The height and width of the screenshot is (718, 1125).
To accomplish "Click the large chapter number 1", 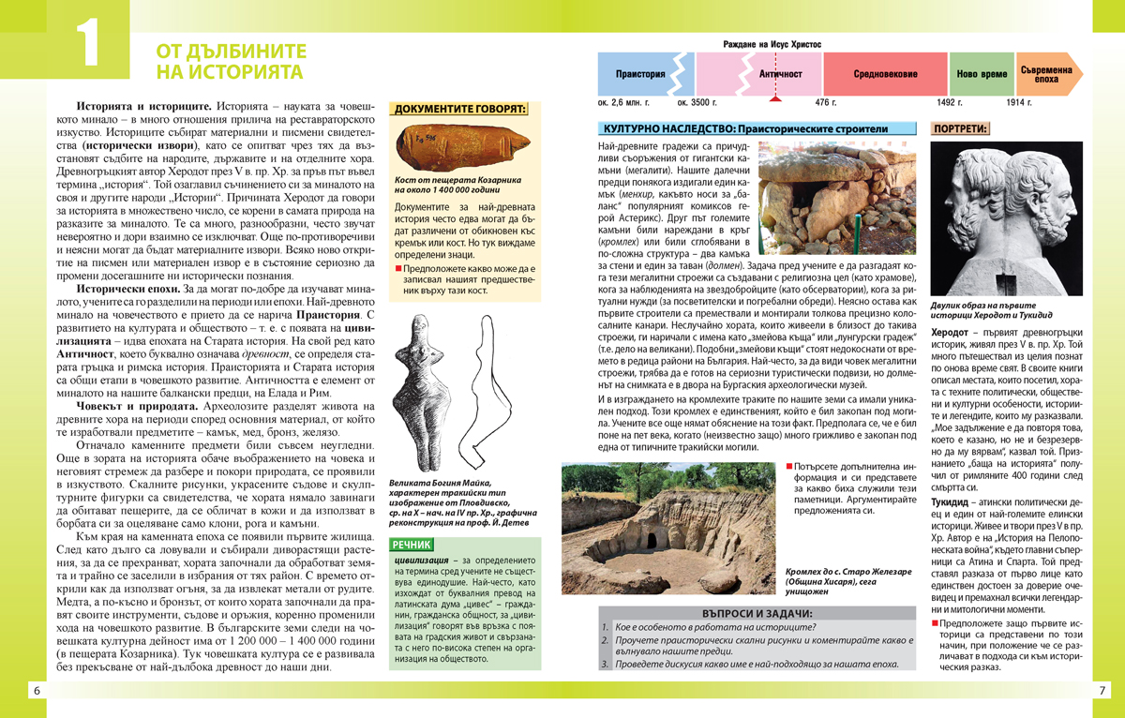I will pyautogui.click(x=86, y=45).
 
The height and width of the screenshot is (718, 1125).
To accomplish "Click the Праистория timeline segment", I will pyautogui.click(x=641, y=73).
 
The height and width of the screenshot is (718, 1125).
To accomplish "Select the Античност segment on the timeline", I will pyautogui.click(x=780, y=73).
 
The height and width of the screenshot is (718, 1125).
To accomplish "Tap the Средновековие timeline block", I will pyautogui.click(x=885, y=73).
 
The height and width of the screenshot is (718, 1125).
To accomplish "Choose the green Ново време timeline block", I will pyautogui.click(x=982, y=73).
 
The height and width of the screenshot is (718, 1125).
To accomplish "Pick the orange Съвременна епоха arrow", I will pyautogui.click(x=1045, y=73).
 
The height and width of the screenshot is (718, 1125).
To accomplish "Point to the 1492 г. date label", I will pyautogui.click(x=950, y=101).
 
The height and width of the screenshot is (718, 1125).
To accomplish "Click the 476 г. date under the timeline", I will pyautogui.click(x=825, y=101).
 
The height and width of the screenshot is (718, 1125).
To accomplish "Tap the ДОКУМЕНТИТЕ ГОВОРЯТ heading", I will pyautogui.click(x=458, y=110).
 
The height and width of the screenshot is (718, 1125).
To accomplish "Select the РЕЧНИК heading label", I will pyautogui.click(x=412, y=544).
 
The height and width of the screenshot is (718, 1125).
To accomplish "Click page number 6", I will pyautogui.click(x=36, y=691).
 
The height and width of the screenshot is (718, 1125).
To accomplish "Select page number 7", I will pyautogui.click(x=1102, y=691).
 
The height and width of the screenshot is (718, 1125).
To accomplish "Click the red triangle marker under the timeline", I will pyautogui.click(x=773, y=97).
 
